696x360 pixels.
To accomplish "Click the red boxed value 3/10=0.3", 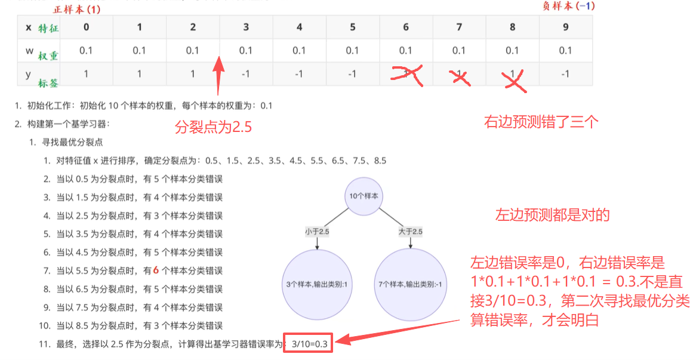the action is click(x=309, y=343).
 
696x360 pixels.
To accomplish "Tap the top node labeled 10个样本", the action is click(x=364, y=196).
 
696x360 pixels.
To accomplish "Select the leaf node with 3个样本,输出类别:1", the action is click(x=318, y=285).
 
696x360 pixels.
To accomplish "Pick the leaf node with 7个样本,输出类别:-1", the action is click(x=410, y=285).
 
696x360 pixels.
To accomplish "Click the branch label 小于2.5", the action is click(x=317, y=231).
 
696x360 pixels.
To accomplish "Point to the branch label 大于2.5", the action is click(x=411, y=231).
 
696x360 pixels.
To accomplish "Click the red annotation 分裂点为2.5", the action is click(x=214, y=127).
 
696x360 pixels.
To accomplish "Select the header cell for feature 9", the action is click(x=565, y=27).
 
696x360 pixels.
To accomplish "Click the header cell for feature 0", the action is click(x=86, y=27).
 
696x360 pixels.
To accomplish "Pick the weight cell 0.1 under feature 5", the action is click(x=352, y=51).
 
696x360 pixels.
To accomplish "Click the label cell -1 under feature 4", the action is click(x=299, y=73).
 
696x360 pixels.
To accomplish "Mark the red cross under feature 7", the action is click(x=460, y=78).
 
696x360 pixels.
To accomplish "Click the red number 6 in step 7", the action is click(x=156, y=270).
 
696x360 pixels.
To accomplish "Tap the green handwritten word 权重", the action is click(x=48, y=56).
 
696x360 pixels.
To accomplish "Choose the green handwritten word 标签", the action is click(x=48, y=83).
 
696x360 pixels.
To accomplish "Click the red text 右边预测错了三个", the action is click(x=541, y=122).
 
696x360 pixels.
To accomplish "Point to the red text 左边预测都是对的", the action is click(x=553, y=215).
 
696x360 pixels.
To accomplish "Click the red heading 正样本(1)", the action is click(x=77, y=10).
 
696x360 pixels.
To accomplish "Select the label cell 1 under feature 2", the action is click(x=193, y=73).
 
